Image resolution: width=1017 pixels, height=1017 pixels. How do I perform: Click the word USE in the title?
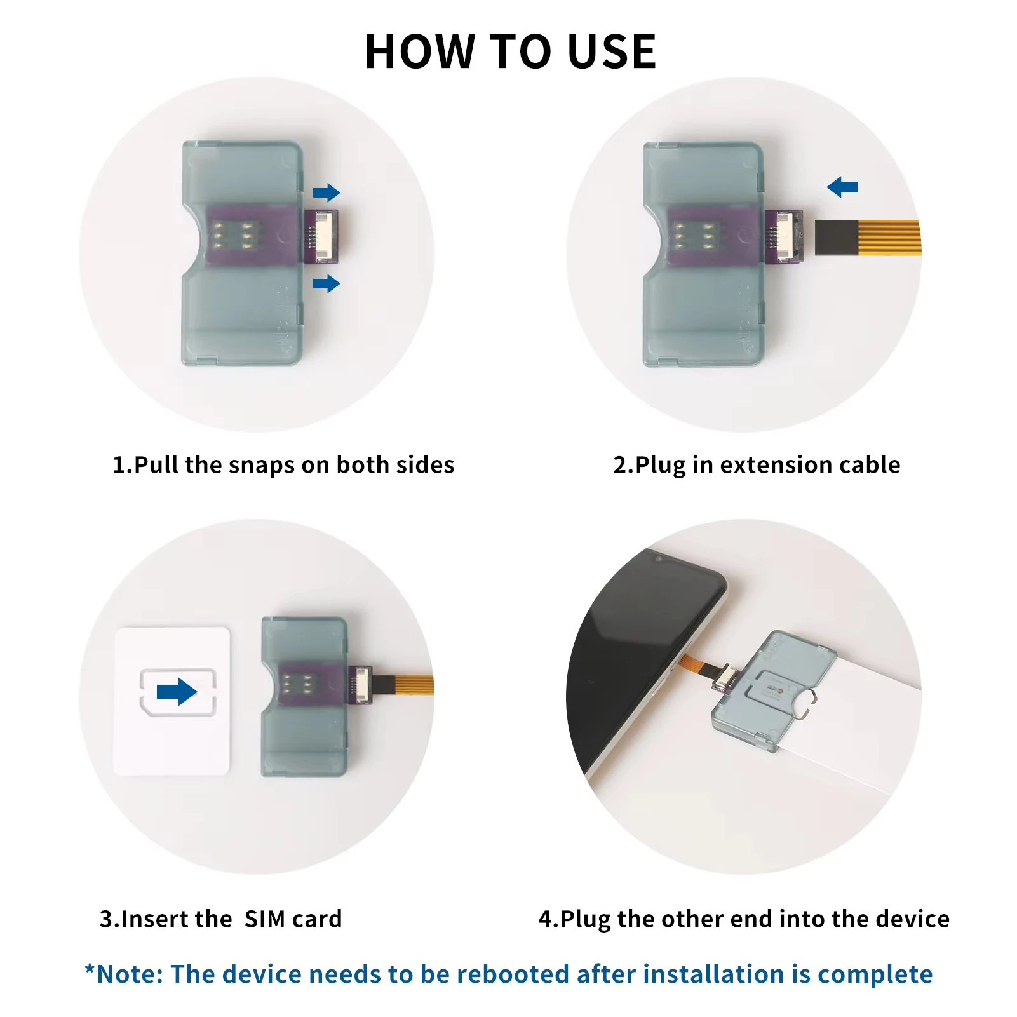[x=612, y=51]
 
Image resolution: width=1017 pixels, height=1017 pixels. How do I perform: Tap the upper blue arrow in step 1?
[x=327, y=192]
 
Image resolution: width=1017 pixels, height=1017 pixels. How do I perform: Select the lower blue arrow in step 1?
[x=327, y=283]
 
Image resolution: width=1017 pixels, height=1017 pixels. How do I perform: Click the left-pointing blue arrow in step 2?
[x=842, y=187]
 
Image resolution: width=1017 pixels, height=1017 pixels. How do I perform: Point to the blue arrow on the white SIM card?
[x=177, y=692]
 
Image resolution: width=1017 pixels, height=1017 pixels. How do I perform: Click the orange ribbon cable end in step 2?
[x=868, y=238]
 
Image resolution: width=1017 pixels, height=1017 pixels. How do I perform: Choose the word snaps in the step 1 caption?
[x=262, y=465]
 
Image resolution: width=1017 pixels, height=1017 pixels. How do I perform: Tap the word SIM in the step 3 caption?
[x=265, y=919]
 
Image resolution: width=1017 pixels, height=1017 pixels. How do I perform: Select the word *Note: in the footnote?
[x=125, y=974]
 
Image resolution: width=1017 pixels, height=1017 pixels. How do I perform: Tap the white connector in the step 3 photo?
[x=361, y=684]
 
